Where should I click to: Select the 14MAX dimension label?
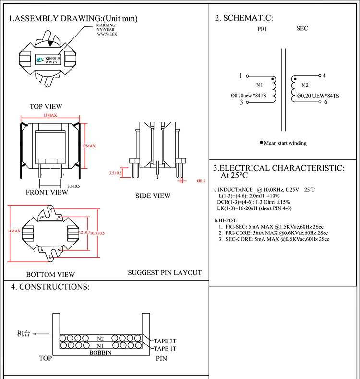tap(13, 231)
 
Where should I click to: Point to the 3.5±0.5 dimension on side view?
tap(116, 172)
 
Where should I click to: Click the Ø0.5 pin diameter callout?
tap(201, 181)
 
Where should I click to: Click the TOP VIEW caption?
tap(46, 106)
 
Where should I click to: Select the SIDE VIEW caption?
tap(152, 196)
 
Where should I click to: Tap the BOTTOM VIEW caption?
tap(50, 274)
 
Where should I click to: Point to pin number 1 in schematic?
tap(240, 76)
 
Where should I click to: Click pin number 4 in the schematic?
tap(324, 76)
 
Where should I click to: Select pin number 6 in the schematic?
tap(325, 102)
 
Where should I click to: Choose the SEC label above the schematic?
tap(302, 29)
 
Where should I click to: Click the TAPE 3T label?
tap(165, 341)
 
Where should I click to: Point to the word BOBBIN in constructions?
tap(100, 352)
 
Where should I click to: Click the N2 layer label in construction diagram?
tap(100, 338)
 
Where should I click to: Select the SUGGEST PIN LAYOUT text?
tap(165, 272)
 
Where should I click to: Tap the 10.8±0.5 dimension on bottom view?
tap(97, 233)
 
